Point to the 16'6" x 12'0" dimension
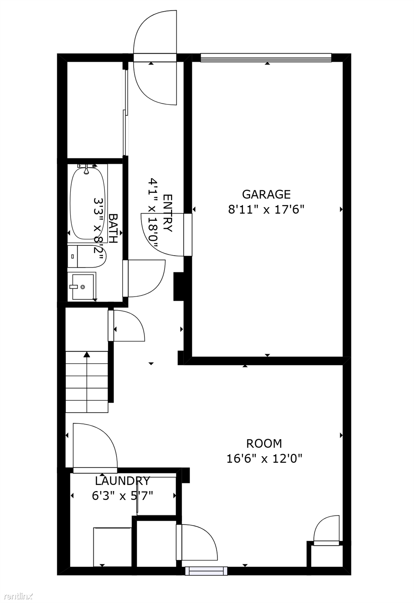click(265, 458)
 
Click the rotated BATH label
click(113, 229)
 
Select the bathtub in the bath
click(87, 203)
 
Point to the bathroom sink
click(81, 287)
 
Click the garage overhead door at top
click(266, 57)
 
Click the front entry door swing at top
click(155, 57)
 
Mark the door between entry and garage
click(167, 234)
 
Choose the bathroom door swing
click(144, 279)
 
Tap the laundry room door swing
click(95, 448)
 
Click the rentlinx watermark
click(16, 596)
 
